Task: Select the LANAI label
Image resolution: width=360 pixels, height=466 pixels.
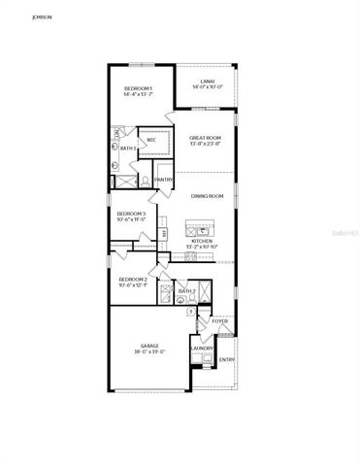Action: point(207,82)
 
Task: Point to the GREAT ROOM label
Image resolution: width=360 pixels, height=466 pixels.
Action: point(207,138)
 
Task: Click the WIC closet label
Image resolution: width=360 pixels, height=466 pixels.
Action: point(152,140)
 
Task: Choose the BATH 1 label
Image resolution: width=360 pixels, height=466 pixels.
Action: point(126,148)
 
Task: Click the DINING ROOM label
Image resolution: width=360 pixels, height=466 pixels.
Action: point(207,197)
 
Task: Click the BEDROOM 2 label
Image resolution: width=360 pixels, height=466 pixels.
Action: point(131,279)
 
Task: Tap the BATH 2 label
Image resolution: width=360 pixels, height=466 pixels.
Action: point(187,291)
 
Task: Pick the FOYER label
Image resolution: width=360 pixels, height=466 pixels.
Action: point(219,320)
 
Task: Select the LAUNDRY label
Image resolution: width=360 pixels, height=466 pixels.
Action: point(202,348)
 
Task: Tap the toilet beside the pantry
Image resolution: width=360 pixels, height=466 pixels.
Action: point(145,181)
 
